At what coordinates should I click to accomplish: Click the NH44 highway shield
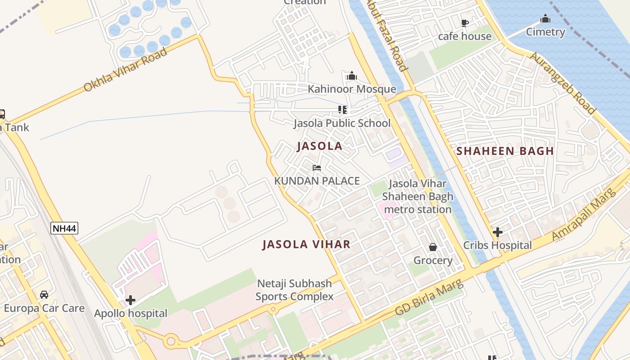64,228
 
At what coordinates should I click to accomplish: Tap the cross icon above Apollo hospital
130,300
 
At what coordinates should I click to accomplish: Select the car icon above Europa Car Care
44,295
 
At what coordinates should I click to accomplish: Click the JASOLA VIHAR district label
306,244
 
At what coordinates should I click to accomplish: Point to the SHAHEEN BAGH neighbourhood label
505,151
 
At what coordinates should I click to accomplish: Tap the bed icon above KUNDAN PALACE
317,168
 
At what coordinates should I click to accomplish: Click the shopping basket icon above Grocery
432,247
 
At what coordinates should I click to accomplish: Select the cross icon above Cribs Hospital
497,232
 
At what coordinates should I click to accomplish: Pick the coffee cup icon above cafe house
465,23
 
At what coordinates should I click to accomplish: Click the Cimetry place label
545,32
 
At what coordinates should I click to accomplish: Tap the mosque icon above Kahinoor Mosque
352,76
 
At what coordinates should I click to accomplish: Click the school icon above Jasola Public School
342,110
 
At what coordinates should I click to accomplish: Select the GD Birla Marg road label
428,298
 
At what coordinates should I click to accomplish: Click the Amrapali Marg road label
584,215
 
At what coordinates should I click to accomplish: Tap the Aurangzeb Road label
562,83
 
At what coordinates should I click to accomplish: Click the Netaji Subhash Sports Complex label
295,290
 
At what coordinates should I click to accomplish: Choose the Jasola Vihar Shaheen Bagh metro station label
418,196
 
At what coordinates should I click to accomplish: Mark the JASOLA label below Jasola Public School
319,146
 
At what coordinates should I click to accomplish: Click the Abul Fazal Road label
388,35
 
